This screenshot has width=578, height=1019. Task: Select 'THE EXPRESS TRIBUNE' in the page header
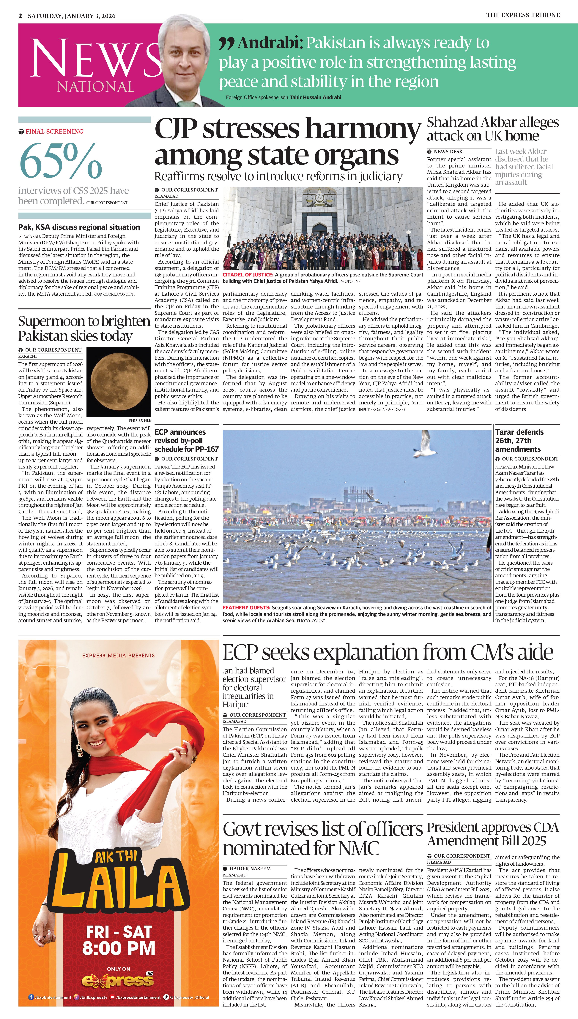coord(523,15)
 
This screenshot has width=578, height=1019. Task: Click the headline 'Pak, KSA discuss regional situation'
coord(79,227)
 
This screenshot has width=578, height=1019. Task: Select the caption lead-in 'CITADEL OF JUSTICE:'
coord(248,274)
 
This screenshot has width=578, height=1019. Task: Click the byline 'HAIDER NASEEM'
coord(250,869)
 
